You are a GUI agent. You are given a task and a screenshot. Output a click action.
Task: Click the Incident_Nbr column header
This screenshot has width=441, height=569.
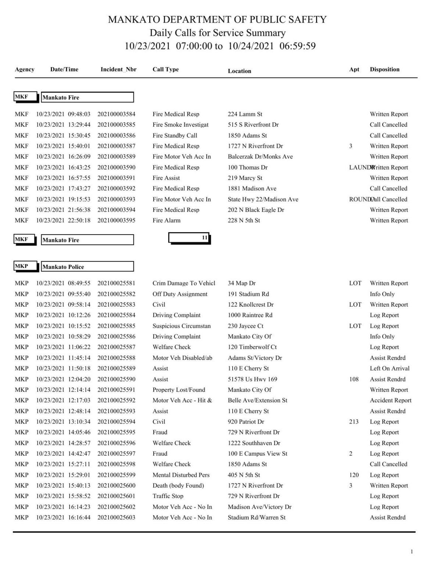pos(118,70)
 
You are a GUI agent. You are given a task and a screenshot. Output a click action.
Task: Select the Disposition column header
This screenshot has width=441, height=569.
pos(384,70)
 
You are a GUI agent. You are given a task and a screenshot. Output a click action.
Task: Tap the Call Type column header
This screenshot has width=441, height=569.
pos(165,70)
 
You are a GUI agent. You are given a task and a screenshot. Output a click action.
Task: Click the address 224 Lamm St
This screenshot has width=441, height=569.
pos(245,114)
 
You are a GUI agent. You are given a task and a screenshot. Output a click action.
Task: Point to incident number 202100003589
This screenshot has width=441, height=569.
pos(116,157)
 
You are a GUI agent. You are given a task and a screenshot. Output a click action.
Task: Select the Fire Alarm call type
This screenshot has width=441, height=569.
pos(166,220)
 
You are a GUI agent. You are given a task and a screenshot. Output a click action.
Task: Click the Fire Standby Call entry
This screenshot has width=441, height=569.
pos(175,135)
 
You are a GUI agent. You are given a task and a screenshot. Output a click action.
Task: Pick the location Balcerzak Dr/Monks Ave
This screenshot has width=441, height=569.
pos(260,157)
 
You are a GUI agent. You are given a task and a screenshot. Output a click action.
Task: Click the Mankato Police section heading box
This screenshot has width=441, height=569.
pos(87,267)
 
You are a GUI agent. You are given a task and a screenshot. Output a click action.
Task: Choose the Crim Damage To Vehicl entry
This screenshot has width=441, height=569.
pos(184,283)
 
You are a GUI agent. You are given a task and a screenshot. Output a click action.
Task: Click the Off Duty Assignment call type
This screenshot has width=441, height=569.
pos(180,294)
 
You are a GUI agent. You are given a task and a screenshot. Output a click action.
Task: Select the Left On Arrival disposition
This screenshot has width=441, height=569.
pos(390,368)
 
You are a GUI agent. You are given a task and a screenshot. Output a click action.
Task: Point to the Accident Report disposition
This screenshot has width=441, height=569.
pos(391,400)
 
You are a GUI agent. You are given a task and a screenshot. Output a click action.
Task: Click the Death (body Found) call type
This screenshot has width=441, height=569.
pos(178,486)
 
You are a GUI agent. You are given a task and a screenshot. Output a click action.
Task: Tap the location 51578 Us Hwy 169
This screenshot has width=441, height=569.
pos(252,379)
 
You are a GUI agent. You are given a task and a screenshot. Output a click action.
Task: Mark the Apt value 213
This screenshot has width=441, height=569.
pos(354,422)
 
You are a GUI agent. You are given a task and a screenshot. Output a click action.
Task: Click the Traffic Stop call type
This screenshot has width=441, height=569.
pos(168,496)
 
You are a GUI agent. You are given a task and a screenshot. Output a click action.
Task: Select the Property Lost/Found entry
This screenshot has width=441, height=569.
pos(179,390)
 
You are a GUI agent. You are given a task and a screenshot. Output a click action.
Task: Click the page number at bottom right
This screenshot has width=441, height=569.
pos(412,551)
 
